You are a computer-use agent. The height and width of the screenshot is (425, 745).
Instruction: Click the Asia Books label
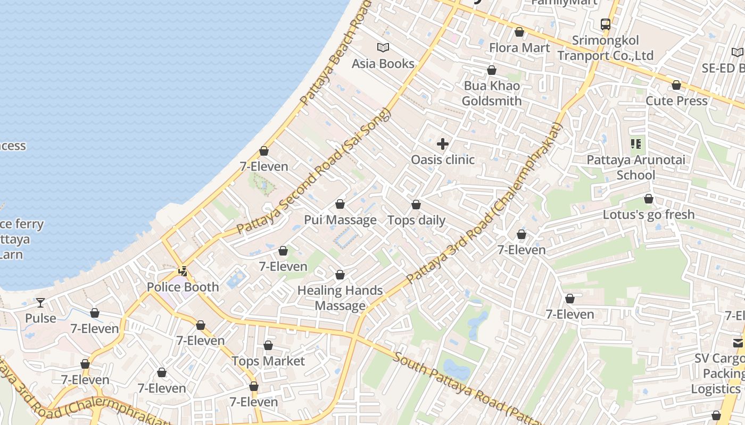[x=383, y=64]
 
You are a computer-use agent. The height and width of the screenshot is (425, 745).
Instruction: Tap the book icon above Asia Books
[x=383, y=48]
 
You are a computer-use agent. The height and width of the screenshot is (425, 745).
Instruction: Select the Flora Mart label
[x=519, y=48]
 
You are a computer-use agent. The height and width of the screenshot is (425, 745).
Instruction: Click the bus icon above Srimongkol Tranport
[x=605, y=24]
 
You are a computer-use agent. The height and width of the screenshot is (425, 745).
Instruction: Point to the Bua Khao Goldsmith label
[x=491, y=93]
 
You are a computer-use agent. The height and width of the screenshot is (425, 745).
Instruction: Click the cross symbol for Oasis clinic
[x=442, y=144]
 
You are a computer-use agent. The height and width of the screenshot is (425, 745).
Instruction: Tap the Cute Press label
[x=676, y=101]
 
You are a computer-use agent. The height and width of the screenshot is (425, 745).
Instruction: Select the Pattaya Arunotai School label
[x=635, y=167]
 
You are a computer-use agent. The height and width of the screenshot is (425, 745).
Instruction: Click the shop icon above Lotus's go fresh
[x=648, y=199]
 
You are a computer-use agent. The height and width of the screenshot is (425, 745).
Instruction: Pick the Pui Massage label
[x=340, y=220]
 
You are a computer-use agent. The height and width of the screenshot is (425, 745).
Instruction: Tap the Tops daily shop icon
[x=416, y=205]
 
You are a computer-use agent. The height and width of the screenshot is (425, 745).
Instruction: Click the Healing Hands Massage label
[x=340, y=298]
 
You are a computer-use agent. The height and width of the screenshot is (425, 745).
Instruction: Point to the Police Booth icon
[x=183, y=271]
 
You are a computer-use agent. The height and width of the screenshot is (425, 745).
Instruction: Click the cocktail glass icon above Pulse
[x=40, y=303]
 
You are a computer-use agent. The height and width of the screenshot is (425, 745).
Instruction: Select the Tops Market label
[x=268, y=361]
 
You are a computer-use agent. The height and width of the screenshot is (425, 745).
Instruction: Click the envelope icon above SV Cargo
[x=738, y=343]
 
